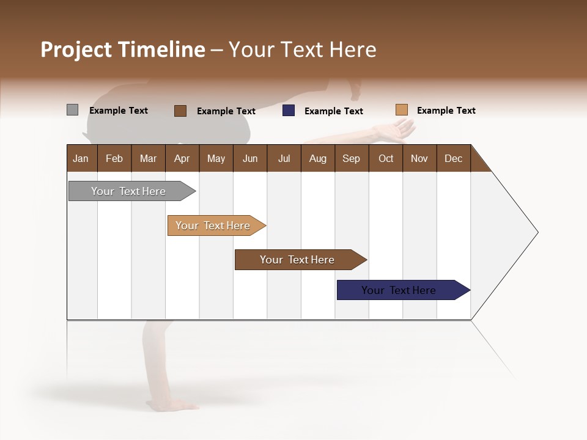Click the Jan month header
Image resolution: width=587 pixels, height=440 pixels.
coord(81,158)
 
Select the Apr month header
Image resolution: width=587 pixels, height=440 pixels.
coord(182,158)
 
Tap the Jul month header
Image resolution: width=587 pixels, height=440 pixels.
coord(284,158)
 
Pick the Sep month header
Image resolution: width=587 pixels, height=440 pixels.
coord(351,158)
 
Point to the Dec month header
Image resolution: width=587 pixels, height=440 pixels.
coord(453,158)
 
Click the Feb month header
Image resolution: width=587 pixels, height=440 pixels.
coord(114,158)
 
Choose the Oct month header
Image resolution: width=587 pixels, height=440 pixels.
coord(386,158)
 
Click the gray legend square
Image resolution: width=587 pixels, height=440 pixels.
coord(72,110)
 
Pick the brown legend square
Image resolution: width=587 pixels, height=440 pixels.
coord(180,111)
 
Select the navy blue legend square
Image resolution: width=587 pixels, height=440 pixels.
coord(289,111)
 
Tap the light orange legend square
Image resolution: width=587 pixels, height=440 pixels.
coord(401,110)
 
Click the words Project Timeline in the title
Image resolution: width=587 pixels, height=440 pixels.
coord(122,50)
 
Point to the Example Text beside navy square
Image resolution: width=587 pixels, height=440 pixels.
coord(333,111)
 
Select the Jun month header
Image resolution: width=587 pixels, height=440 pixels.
coord(250,158)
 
